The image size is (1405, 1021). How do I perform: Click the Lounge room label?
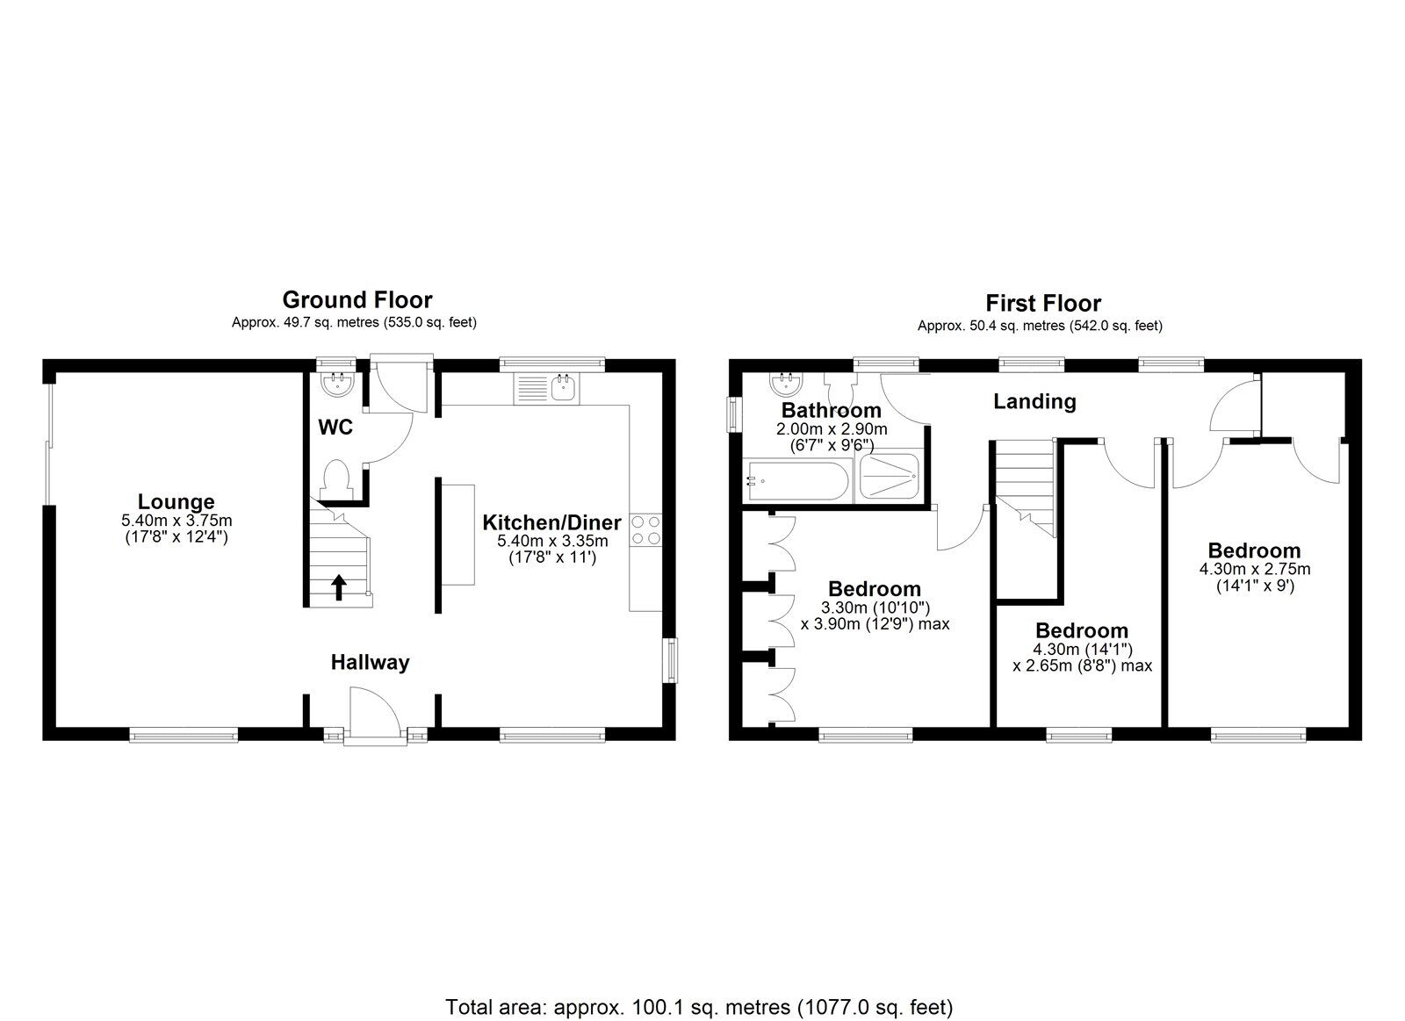[x=177, y=502]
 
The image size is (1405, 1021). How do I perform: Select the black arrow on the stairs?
[x=339, y=586]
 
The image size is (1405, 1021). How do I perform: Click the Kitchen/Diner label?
[x=551, y=522]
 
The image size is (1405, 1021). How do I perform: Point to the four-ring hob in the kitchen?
[x=645, y=530]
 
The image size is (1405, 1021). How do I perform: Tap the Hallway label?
[x=370, y=663]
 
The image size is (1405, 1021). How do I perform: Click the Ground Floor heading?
[x=357, y=300]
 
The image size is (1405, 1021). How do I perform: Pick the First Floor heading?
[x=1042, y=304]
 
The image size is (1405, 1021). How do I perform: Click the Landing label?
[x=1034, y=402]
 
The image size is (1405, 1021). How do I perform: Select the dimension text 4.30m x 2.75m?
[x=1254, y=569]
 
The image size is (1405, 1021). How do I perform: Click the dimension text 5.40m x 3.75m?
[x=177, y=521]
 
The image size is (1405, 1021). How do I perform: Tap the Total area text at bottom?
[x=698, y=981]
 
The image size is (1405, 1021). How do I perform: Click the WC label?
[x=335, y=428]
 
